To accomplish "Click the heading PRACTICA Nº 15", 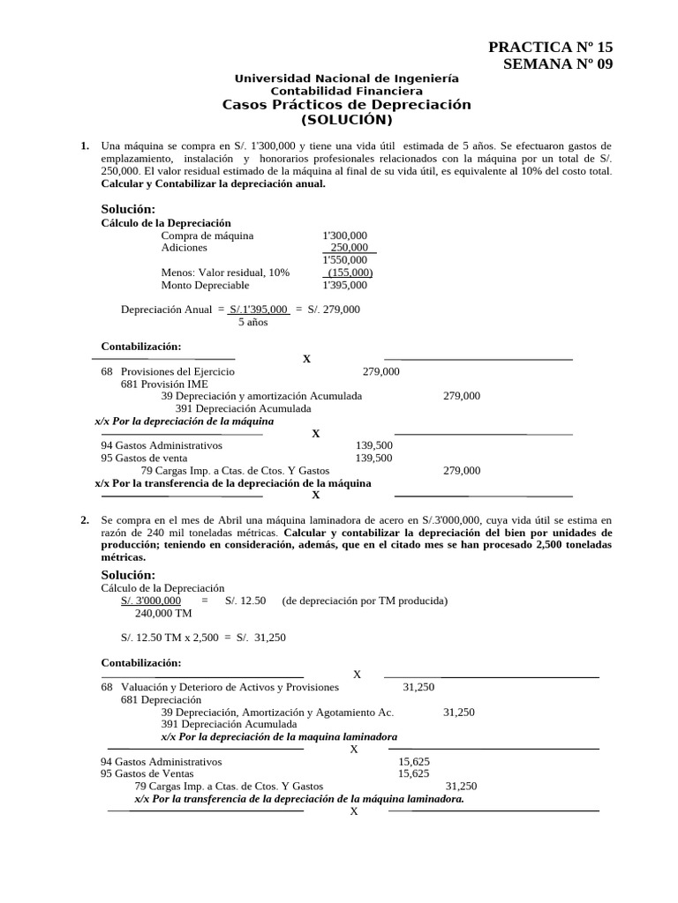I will (549, 48).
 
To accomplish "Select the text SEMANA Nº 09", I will (556, 63).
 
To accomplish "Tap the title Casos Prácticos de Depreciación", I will (346, 105).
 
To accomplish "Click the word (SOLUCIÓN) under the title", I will (346, 120).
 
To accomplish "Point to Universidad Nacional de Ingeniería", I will (346, 78).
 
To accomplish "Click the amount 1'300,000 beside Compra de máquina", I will (345, 235).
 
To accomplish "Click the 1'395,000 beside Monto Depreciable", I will (345, 285).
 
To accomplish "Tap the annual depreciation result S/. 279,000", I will (334, 310).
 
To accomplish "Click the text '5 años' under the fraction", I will (252, 322).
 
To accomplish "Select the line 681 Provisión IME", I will (164, 384).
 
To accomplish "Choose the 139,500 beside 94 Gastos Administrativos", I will (373, 446).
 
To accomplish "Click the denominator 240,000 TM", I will (163, 613).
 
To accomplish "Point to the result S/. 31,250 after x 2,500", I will (260, 637).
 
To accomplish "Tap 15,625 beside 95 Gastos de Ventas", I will (414, 773).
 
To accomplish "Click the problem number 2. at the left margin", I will (85, 520).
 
